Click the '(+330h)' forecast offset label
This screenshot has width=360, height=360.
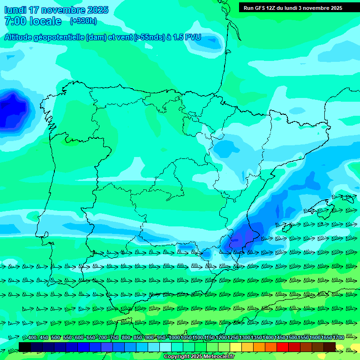[x=83, y=21]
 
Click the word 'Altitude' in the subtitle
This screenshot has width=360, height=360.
[x=21, y=37]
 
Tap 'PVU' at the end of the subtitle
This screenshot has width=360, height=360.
[x=193, y=37]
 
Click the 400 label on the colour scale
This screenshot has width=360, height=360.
[x=32, y=337]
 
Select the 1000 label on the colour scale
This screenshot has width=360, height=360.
[x=174, y=337]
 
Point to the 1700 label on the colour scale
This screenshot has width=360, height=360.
[x=338, y=337]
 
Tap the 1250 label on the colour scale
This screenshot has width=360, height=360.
[x=233, y=337]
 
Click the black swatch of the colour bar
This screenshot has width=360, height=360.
[x=25, y=346]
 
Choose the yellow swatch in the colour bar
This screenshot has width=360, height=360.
[x=236, y=346]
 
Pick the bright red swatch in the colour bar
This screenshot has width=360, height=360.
[x=283, y=346]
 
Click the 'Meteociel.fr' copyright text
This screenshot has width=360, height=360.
[x=216, y=357]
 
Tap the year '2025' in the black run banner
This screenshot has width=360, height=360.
[x=336, y=8]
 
